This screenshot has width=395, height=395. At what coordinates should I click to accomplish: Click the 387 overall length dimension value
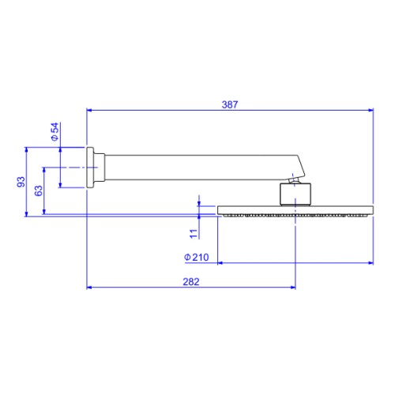pyautogui.click(x=230, y=104)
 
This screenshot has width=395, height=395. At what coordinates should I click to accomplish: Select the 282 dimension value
pyautogui.click(x=191, y=282)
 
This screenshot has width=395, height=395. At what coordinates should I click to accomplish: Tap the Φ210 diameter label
pyautogui.click(x=197, y=257)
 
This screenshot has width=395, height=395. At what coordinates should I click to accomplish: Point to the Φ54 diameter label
pyautogui.click(x=55, y=132)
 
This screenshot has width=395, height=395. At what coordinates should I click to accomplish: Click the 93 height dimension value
pyautogui.click(x=21, y=182)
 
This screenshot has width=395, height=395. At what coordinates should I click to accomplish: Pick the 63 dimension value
pyautogui.click(x=39, y=190)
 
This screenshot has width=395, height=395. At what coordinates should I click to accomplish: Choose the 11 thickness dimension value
pyautogui.click(x=194, y=234)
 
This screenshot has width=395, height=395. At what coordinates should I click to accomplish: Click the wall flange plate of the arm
pyautogui.click(x=90, y=167)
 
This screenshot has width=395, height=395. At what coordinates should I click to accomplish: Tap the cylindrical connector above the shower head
pyautogui.click(x=295, y=194)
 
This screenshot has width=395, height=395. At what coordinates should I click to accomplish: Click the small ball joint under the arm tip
pyautogui.click(x=294, y=180)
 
